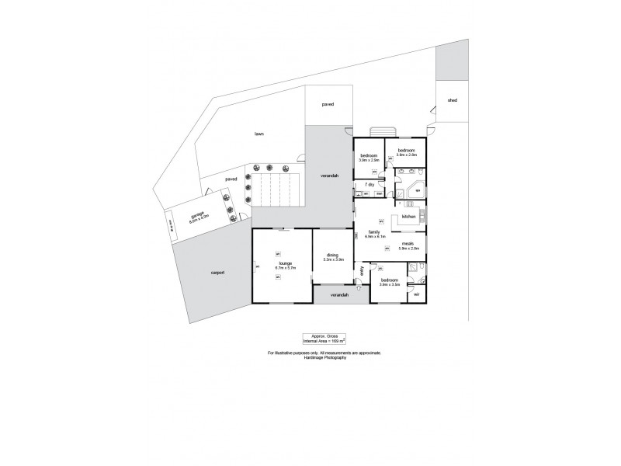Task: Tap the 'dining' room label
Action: tap(333, 256)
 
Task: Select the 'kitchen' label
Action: tap(409, 216)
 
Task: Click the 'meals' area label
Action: tap(408, 244)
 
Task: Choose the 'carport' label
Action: tap(217, 273)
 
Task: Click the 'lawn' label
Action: tap(258, 134)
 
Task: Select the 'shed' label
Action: tap(452, 100)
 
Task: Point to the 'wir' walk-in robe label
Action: tap(416, 294)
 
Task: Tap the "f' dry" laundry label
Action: tap(369, 184)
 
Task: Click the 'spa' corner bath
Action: tap(418, 190)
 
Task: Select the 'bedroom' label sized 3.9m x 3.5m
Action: tap(388, 280)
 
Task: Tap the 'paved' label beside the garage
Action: tap(231, 179)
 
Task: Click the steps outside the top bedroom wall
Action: tap(383, 131)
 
